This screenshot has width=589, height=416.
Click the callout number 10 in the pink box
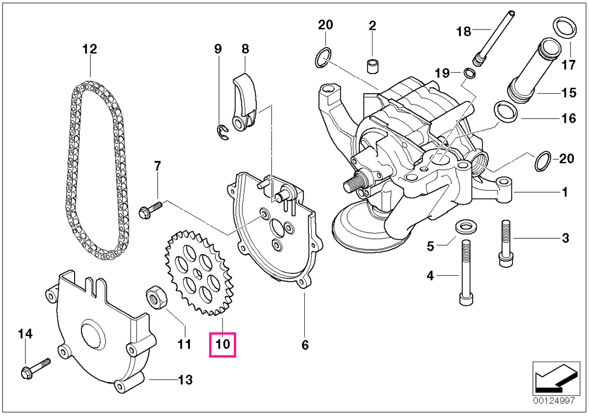pyautogui.click(x=222, y=344)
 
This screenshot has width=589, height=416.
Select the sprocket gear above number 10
pyautogui.click(x=199, y=273)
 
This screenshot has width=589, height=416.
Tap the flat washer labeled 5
pyautogui.click(x=466, y=227)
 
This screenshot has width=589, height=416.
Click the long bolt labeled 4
pyautogui.click(x=466, y=273)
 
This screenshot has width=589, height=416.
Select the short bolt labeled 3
pyautogui.click(x=506, y=244)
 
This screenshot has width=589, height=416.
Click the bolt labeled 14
pyautogui.click(x=35, y=369)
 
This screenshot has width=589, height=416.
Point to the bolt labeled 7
pyautogui.click(x=150, y=209)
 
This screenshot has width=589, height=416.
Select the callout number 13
pyautogui.click(x=186, y=380)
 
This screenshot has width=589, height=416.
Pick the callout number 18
pyautogui.click(x=463, y=31)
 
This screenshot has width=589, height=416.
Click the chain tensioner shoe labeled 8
pyautogui.click(x=244, y=102)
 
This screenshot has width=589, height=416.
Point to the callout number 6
pyautogui.click(x=305, y=345)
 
